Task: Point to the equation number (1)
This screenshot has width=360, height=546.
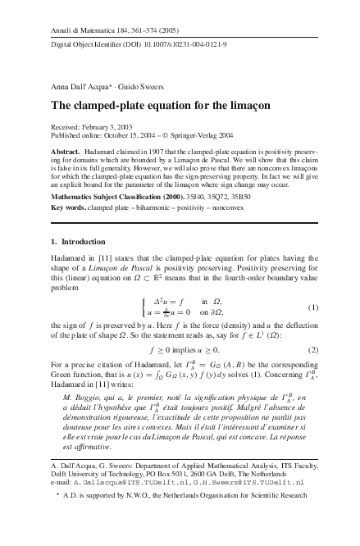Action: [312, 307]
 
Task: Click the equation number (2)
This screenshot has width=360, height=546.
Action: [312, 349]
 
